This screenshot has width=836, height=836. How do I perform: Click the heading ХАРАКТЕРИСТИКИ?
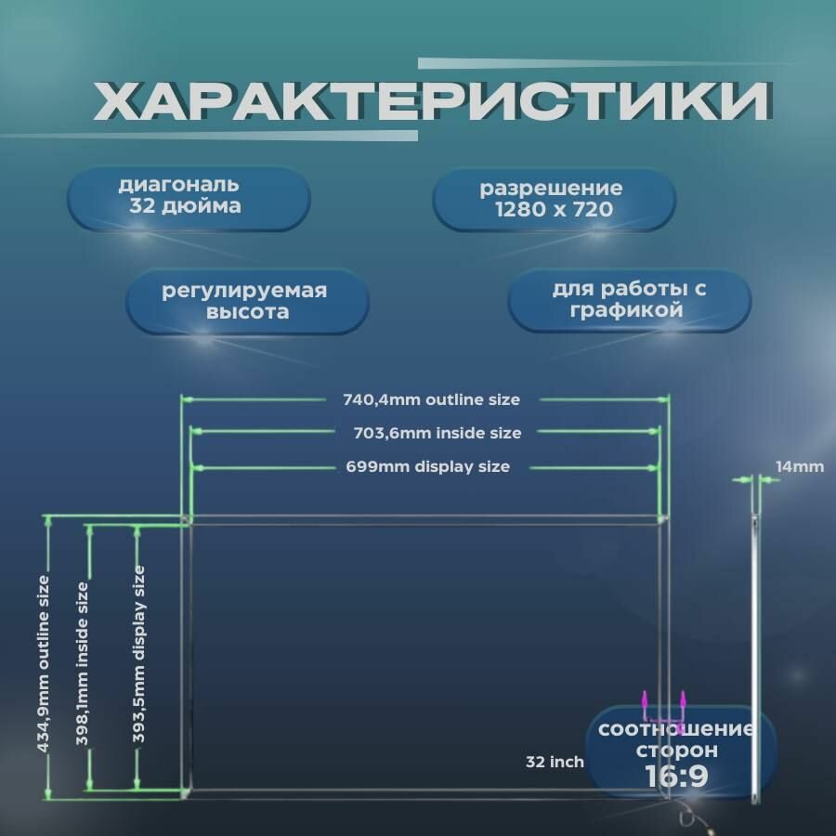tap(432, 102)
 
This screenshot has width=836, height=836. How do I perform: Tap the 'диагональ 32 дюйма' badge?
tap(188, 197)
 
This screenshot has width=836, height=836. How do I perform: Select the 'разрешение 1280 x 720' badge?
tap(554, 199)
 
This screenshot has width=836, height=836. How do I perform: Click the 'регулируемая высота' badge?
tap(246, 302)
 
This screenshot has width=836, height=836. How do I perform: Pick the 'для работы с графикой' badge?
tap(629, 300)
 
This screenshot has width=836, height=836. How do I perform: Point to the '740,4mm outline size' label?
tap(425, 400)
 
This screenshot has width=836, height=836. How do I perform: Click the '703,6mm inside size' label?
tap(438, 433)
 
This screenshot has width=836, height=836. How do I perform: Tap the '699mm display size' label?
tap(428, 466)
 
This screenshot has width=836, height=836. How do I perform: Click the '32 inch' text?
tap(555, 762)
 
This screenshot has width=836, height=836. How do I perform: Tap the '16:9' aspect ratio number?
tap(676, 775)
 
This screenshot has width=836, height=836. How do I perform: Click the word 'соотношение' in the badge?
tap(675, 729)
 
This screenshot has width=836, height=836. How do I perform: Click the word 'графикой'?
tap(629, 311)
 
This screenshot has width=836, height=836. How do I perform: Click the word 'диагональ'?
tap(178, 185)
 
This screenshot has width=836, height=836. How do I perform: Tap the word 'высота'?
tap(247, 313)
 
